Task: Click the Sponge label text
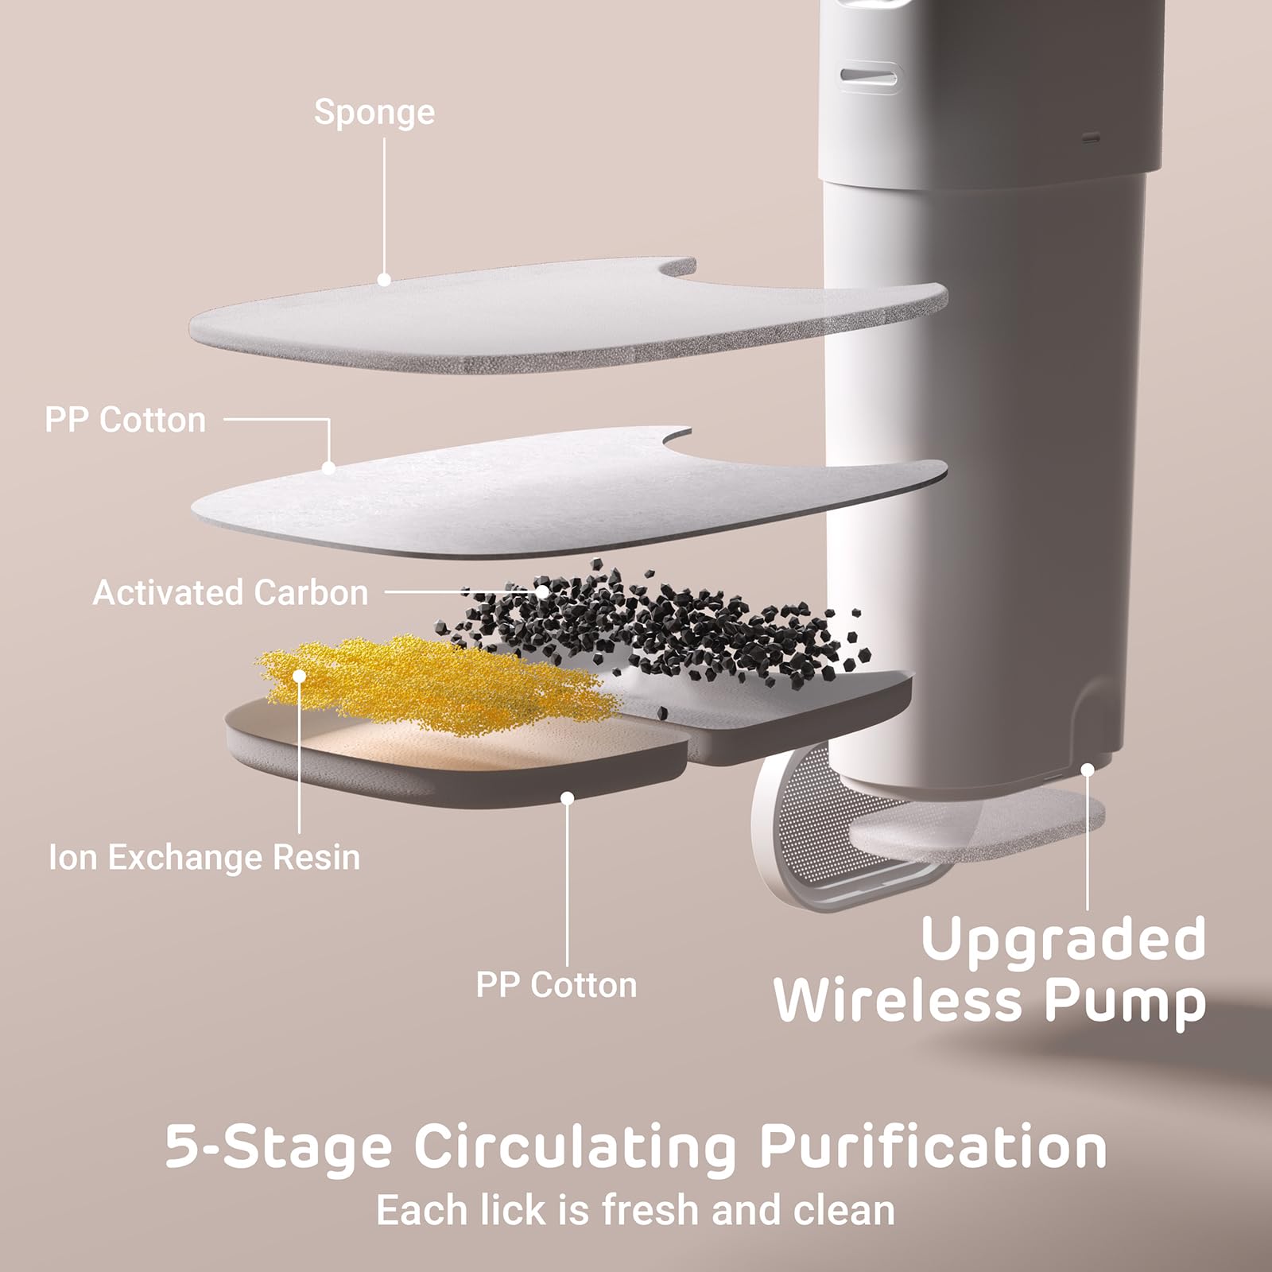[x=374, y=112]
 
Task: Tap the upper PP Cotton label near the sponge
[x=125, y=420]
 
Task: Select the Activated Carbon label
[x=231, y=593]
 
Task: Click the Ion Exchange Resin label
[x=204, y=858]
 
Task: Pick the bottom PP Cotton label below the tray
[x=556, y=985]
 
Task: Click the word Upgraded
[x=1063, y=939]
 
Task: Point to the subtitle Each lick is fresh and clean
[x=635, y=1210]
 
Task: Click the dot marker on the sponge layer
[x=384, y=280]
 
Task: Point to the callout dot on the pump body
[x=1087, y=770]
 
